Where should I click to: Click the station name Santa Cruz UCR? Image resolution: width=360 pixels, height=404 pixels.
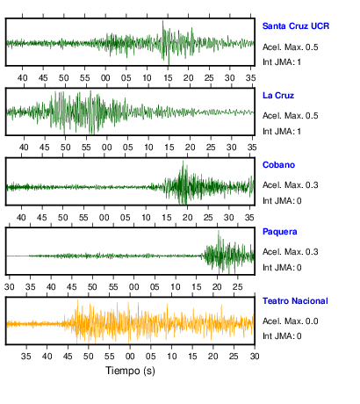[x=296, y=26]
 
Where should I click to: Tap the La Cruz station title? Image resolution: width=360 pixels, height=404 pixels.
[x=278, y=96]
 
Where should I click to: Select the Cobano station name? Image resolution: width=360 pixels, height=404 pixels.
[x=278, y=165]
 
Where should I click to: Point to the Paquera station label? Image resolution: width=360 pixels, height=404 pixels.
[x=280, y=232]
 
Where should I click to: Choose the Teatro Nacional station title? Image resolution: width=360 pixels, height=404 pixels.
[x=295, y=301]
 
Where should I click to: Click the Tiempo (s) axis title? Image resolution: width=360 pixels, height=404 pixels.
[x=130, y=371]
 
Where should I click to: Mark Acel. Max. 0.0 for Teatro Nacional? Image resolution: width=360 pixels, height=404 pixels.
[x=290, y=321]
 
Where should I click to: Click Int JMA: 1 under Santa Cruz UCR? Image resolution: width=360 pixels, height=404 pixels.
[x=282, y=62]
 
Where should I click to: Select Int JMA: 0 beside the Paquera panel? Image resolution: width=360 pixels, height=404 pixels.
[x=282, y=268]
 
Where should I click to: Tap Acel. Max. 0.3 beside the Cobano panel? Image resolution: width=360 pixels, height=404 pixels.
[x=290, y=185]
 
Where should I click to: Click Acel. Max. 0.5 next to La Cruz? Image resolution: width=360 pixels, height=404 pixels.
[x=290, y=116]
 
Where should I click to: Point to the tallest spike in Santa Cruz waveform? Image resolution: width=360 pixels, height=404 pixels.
[x=163, y=21]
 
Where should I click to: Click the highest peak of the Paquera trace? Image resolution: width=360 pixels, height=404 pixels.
[x=219, y=231]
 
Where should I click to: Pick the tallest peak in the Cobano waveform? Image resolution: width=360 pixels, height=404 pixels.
[x=184, y=162]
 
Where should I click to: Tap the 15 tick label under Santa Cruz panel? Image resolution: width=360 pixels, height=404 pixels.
[x=168, y=78]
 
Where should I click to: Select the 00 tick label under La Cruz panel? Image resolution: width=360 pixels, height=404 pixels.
[x=107, y=148]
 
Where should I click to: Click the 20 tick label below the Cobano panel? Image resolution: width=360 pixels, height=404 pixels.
[x=188, y=218]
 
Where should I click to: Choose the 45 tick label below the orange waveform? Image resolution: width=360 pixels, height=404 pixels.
[x=68, y=357]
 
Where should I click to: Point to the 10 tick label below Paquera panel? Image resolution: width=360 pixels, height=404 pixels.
[x=176, y=287]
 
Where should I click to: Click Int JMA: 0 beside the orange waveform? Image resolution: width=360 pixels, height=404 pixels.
[x=282, y=336]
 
